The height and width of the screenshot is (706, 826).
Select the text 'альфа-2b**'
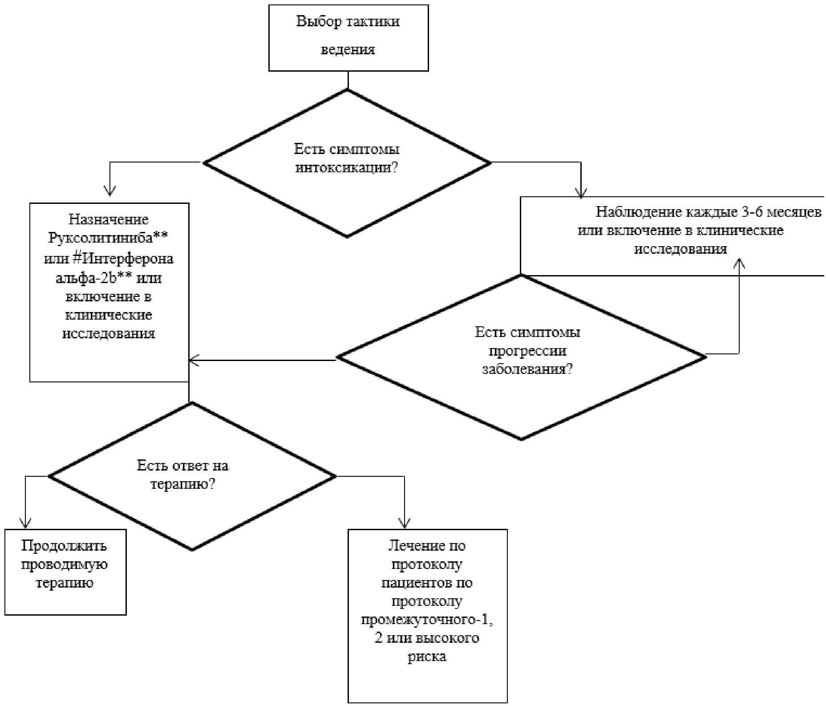pos(94,278)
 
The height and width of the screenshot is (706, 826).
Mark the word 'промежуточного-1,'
pos(427,620)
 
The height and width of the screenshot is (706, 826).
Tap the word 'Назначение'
pos(109,219)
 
